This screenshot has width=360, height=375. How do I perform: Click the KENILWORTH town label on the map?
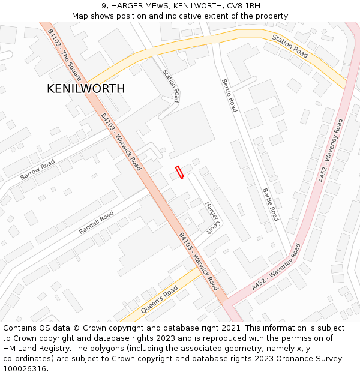[86, 89]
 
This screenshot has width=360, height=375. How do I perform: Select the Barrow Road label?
[37, 170]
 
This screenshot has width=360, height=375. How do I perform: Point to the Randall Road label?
[96, 223]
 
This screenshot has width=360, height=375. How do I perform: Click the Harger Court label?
[213, 217]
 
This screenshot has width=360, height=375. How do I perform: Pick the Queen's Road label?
[160, 300]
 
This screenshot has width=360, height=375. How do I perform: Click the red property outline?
[179, 172]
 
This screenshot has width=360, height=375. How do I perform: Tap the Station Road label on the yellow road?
[290, 46]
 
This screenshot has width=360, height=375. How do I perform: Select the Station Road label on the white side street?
[172, 85]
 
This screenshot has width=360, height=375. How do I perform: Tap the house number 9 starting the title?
[104, 6]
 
